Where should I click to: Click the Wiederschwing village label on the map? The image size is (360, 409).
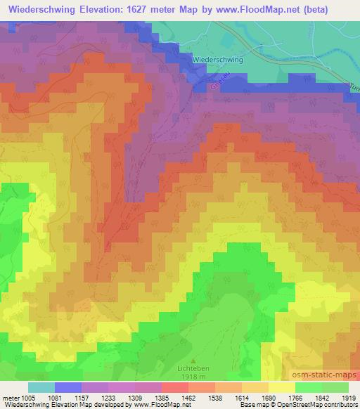[217, 60]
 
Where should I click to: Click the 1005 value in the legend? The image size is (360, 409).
[29, 397]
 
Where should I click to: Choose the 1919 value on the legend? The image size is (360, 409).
[349, 397]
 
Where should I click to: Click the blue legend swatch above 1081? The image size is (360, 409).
[68, 387]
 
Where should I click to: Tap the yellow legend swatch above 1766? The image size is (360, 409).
[282, 387]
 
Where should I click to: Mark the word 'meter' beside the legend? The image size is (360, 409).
[10, 397]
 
